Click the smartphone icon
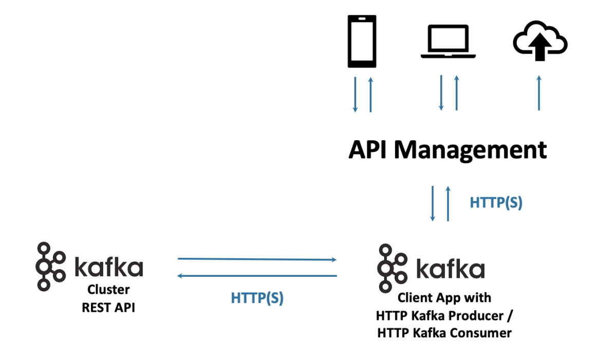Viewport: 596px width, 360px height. click(x=362, y=41)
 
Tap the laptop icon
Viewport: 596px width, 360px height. click(x=449, y=41)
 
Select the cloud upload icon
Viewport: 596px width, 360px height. click(x=539, y=41)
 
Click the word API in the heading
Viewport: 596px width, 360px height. click(x=368, y=150)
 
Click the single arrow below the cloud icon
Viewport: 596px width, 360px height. click(x=539, y=93)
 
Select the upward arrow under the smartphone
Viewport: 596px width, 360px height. click(x=370, y=94)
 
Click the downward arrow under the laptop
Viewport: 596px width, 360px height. click(x=441, y=93)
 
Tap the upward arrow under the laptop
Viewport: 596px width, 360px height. click(x=456, y=93)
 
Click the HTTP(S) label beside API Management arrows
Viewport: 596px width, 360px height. click(x=496, y=203)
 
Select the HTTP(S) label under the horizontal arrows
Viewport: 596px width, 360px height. click(x=257, y=298)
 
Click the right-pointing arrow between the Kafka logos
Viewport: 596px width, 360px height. click(x=257, y=259)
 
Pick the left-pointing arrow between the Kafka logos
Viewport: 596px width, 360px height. click(x=257, y=276)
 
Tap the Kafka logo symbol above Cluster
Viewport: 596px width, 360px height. click(x=50, y=266)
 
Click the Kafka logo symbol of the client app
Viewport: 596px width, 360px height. click(x=392, y=268)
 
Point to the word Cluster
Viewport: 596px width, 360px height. click(x=108, y=290)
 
